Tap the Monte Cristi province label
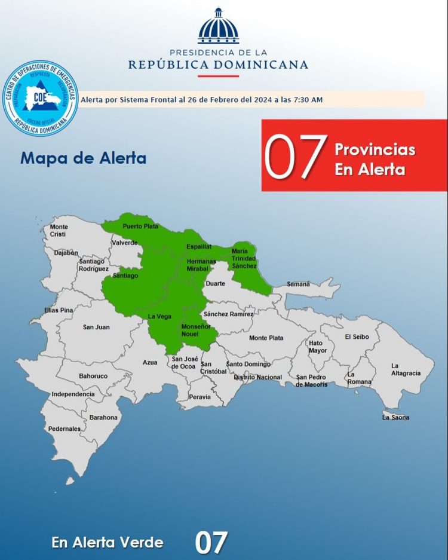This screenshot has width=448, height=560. (x=59, y=231)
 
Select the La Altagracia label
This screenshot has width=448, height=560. (x=406, y=369)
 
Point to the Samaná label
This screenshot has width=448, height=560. (x=299, y=284)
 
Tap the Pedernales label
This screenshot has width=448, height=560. (x=65, y=429)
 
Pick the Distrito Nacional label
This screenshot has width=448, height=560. (x=257, y=377)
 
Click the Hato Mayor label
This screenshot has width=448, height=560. (x=318, y=347)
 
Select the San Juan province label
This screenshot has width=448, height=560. (x=96, y=327)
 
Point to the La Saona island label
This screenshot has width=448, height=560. (x=395, y=417)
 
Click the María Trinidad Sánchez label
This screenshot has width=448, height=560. (x=244, y=258)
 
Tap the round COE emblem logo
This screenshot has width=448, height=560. (x=41, y=97)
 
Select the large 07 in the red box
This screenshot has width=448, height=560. (x=296, y=157)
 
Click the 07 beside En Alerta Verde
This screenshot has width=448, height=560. (x=211, y=542)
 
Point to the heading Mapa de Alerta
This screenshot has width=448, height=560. (x=83, y=158)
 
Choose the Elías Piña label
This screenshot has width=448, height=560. (x=59, y=310)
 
